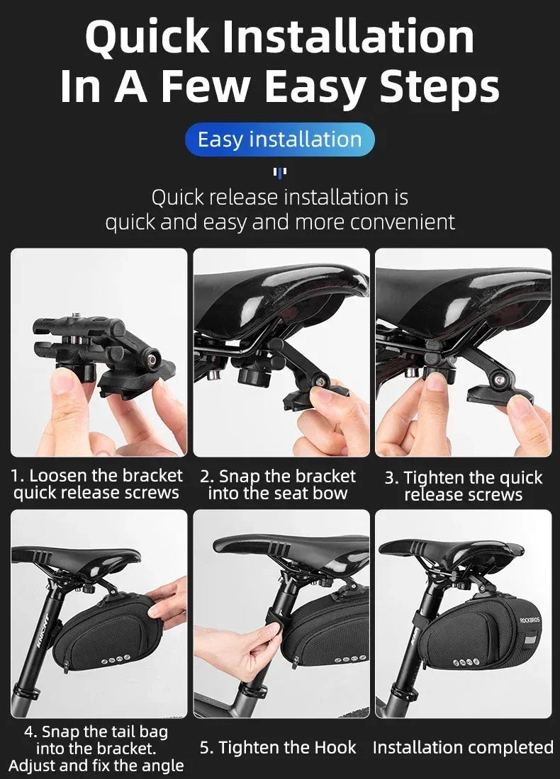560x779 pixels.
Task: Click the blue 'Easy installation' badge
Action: pos(279,140)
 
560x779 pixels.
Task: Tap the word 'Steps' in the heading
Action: pos(439,86)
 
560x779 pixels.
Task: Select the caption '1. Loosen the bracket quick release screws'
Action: pos(97,484)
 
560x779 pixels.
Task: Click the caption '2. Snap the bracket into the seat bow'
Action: pos(278,485)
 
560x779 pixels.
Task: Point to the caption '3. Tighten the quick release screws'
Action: pos(464,486)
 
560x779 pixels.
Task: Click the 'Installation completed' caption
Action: pos(463,747)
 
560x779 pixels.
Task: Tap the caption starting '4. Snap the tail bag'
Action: pos(96,748)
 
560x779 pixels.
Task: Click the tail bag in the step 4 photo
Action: pos(103,630)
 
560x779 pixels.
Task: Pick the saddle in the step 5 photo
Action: pos(291,545)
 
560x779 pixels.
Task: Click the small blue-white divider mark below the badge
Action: pos(279,172)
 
